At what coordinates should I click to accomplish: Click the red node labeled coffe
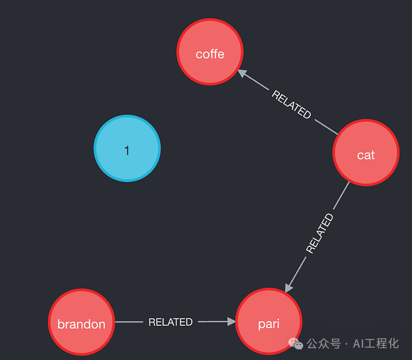click(210, 52)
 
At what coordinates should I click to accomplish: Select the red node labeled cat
click(366, 153)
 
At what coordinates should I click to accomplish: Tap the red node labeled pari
click(269, 321)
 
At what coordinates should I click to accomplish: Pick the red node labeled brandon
click(81, 322)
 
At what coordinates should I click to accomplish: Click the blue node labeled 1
click(127, 148)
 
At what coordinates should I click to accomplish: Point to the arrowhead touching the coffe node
click(242, 73)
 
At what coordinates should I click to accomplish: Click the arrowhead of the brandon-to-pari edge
click(231, 321)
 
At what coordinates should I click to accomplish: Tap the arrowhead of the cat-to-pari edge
click(288, 288)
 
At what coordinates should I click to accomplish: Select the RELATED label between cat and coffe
click(291, 104)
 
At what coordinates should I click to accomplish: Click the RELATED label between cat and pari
click(320, 233)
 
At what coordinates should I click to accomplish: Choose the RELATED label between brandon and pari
click(171, 322)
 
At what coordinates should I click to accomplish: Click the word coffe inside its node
click(210, 54)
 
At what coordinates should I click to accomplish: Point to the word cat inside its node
click(366, 155)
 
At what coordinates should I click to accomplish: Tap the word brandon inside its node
click(81, 324)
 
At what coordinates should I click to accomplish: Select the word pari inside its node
click(269, 324)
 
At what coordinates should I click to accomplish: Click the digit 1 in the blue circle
click(127, 151)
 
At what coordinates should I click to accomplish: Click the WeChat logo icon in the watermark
click(295, 344)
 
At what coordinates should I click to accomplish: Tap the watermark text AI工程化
click(376, 344)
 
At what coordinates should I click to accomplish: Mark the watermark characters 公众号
click(324, 344)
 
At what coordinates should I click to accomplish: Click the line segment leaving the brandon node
click(129, 322)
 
